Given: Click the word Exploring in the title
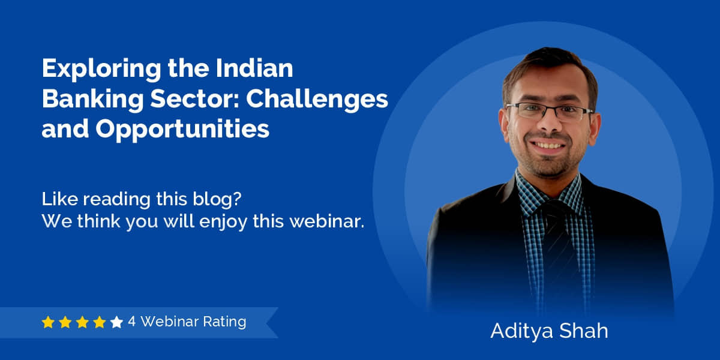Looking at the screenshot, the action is pos(101,69).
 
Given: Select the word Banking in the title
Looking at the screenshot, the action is pos(92,100).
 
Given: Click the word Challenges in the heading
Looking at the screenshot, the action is pos(317,100).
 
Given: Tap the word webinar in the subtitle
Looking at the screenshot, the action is pos(327,221).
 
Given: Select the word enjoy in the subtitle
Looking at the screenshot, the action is pos(223,222).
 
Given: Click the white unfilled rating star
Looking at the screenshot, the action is pos(116,322).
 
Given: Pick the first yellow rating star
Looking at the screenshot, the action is pos(48,322).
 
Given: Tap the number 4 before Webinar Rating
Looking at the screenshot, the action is pos(131,322).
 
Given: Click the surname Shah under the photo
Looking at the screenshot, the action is pos(584,331).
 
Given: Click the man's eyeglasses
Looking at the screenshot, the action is pos(550,112).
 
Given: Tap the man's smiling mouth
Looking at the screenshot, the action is pos(548,146).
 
